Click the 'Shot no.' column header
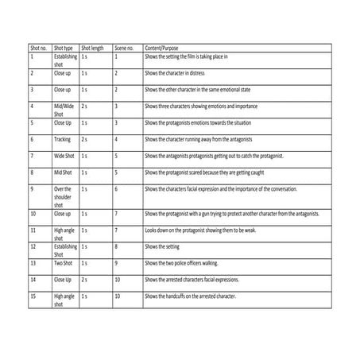click(x=37, y=49)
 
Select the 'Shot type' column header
click(x=64, y=49)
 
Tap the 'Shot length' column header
click(x=94, y=49)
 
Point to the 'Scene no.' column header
click(x=124, y=49)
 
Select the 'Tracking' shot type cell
click(x=63, y=139)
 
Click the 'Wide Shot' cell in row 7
click(x=64, y=156)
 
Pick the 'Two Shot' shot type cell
click(x=64, y=262)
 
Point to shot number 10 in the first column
click(x=33, y=214)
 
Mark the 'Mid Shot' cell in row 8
click(x=64, y=172)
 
